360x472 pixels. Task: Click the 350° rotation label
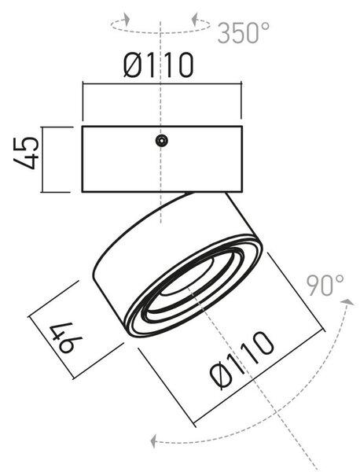click(243, 32)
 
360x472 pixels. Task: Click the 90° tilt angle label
click(325, 285)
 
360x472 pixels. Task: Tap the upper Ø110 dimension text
click(158, 65)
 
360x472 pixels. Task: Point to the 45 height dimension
click(27, 153)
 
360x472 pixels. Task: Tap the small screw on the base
click(161, 141)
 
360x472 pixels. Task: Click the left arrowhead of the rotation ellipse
click(127, 19)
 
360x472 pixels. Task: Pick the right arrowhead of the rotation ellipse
click(195, 19)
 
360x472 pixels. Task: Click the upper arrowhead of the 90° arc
click(348, 302)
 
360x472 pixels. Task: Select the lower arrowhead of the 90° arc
click(154, 441)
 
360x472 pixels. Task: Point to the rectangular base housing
click(162, 159)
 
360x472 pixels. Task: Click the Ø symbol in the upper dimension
click(132, 65)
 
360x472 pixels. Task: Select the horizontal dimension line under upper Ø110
click(162, 84)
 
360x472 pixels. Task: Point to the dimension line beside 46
click(51, 347)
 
